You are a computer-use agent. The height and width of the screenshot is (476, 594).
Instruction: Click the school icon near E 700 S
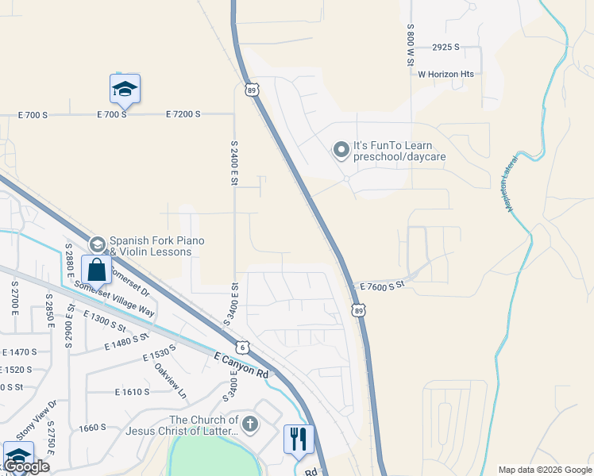click(125, 88)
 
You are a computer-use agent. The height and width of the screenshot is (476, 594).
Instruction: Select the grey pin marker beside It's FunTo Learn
click(341, 149)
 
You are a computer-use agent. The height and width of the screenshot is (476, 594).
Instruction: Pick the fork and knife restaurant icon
click(299, 439)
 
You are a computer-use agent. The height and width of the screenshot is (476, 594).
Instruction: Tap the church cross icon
click(250, 424)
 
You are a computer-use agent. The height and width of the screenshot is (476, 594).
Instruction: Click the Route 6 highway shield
click(241, 347)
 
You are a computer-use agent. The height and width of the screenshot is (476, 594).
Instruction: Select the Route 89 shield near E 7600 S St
click(360, 312)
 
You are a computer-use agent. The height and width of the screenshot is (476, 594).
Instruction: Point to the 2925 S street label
click(446, 48)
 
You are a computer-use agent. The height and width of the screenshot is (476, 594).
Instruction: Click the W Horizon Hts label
click(445, 74)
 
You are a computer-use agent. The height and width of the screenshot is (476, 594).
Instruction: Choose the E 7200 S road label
click(183, 115)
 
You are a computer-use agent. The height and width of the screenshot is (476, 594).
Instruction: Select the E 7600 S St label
click(383, 286)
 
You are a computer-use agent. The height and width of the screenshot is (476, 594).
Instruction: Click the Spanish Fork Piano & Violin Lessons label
click(151, 246)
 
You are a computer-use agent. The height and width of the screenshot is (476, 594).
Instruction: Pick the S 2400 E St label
click(234, 163)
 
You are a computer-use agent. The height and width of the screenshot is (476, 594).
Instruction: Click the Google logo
click(26, 466)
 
